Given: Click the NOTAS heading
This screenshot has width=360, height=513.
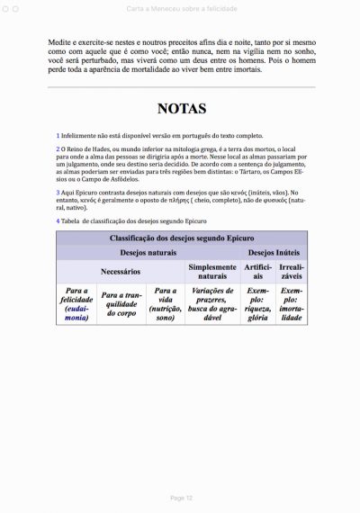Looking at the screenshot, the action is point(183,109).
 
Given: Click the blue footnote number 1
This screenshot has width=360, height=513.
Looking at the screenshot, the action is point(58,135).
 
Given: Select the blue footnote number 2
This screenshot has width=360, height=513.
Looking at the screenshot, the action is point(58,148).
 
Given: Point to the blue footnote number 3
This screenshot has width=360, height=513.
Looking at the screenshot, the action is point(58,193).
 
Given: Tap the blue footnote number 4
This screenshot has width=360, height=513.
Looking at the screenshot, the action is point(58,220).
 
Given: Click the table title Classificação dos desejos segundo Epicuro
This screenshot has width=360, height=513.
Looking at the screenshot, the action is point(183,238).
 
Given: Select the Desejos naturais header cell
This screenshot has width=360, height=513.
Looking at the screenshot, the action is point(148,253).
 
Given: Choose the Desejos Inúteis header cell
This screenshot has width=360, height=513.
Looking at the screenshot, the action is point(274,253).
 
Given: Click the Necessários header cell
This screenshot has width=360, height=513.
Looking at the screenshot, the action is point(121,271).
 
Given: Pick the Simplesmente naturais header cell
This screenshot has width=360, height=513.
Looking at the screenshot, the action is point(212,272).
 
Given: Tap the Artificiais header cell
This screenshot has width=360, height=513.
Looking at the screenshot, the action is point(256,272).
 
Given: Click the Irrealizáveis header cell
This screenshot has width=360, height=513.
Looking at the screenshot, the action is point(292,272).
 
